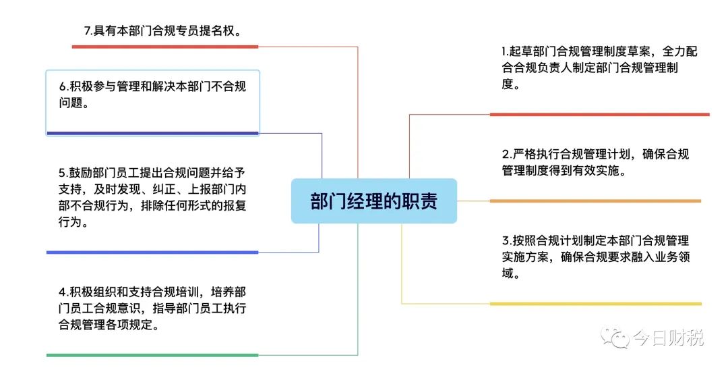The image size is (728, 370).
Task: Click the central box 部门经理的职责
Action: [x=373, y=201]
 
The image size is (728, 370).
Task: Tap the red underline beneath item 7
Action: [x=165, y=47]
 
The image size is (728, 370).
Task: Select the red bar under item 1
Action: [x=599, y=114]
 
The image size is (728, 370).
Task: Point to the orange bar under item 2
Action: [x=595, y=201]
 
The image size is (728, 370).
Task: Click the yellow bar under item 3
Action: [x=596, y=304]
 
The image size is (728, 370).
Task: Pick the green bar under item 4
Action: [x=152, y=355]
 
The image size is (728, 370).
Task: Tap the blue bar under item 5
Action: [x=152, y=253]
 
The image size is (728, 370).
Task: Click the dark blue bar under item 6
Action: [x=152, y=134]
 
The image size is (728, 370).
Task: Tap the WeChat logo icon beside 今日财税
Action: [x=615, y=336]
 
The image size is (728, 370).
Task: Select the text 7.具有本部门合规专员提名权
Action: [x=162, y=31]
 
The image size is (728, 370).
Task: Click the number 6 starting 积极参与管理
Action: [x=62, y=86]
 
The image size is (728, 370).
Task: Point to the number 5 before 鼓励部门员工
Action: [x=62, y=173]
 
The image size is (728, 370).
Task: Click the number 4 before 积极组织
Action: [x=62, y=292]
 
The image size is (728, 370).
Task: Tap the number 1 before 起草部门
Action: [x=504, y=51]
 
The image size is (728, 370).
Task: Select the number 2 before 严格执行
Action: [x=506, y=155]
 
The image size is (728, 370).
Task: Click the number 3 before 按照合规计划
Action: [x=506, y=241]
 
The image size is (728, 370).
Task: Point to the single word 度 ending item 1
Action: [x=508, y=84]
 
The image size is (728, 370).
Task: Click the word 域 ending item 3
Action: [x=508, y=273]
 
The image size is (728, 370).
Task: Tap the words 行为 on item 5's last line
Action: [x=70, y=221]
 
